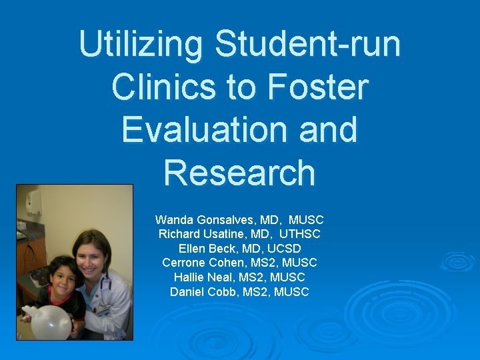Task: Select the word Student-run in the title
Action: coord(308,45)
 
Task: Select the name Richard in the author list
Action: coord(179,234)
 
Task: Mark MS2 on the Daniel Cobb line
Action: coord(260,292)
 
